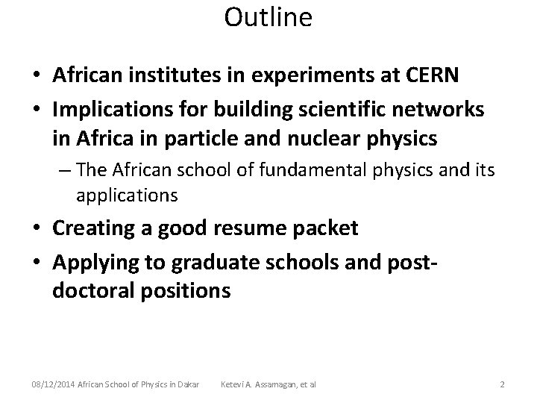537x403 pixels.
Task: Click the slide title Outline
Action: (268, 17)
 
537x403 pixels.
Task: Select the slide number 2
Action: (503, 384)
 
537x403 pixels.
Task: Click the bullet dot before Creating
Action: (35, 228)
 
